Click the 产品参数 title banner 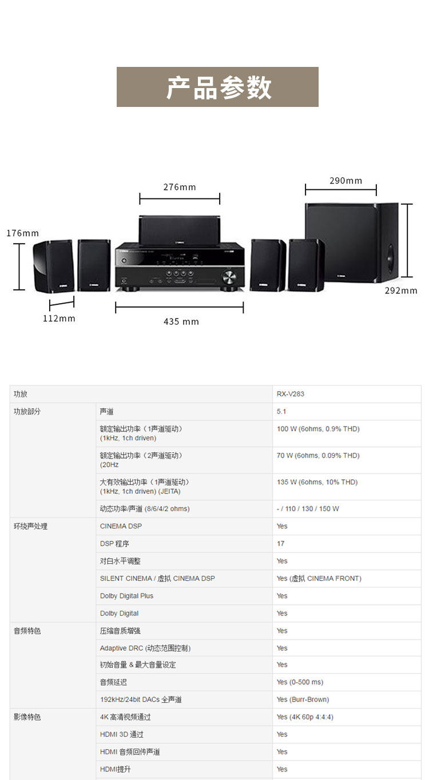click(217, 87)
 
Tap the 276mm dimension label click(180, 187)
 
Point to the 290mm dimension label click(345, 181)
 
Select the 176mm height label click(23, 233)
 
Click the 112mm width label click(59, 318)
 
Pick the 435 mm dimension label click(181, 321)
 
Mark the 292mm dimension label click(400, 290)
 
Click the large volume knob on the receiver click(228, 278)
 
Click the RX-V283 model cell click(291, 394)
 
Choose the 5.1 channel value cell click(281, 412)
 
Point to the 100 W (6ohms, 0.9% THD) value click(318, 429)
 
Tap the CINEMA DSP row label click(121, 526)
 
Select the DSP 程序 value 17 click(281, 544)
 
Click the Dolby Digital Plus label click(126, 596)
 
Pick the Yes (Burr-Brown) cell click(303, 699)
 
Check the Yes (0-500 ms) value click(300, 682)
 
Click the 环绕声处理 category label click(30, 526)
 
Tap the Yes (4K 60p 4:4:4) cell click(305, 717)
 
